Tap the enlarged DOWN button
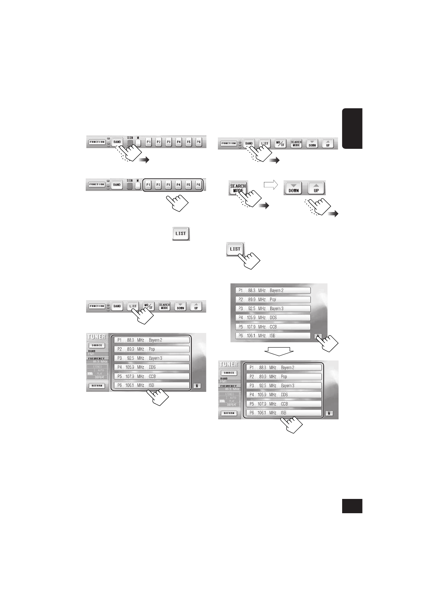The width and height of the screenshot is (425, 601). (x=293, y=188)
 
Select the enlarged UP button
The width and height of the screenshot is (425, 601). (x=316, y=188)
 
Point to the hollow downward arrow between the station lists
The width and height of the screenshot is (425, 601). (x=279, y=351)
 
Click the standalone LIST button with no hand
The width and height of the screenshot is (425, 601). (x=181, y=234)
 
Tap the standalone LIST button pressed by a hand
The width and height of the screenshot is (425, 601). (x=235, y=249)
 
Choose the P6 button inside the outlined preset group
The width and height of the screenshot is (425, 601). (x=199, y=185)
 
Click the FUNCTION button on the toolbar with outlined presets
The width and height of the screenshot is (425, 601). (x=96, y=185)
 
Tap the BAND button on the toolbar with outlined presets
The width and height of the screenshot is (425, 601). (x=117, y=185)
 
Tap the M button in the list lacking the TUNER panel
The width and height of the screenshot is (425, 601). (x=317, y=335)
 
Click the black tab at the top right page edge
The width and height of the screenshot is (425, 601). (x=352, y=128)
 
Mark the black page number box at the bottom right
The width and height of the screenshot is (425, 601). (x=352, y=506)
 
